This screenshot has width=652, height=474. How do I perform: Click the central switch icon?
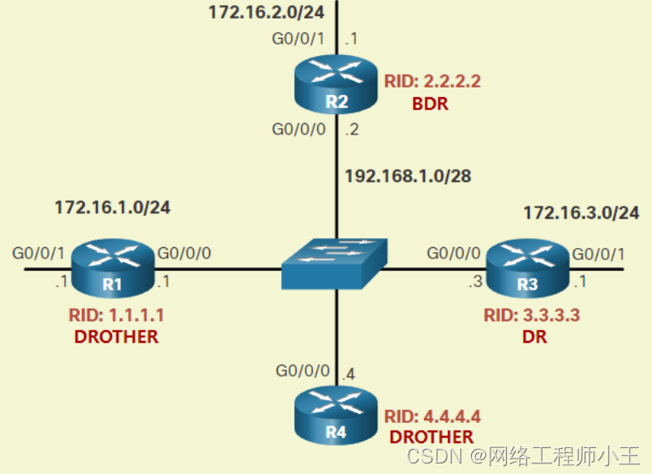335,264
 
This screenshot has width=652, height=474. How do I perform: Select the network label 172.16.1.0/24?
112,207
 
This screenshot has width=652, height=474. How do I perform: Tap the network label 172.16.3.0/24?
581,213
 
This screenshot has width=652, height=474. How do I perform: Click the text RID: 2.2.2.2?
433,82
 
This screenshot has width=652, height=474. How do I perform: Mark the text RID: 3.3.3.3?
532,314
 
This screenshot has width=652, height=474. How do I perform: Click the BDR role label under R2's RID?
431,104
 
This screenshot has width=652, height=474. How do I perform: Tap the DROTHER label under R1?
116,336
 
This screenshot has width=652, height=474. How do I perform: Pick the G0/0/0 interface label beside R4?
302,370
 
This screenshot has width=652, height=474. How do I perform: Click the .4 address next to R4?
349,374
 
